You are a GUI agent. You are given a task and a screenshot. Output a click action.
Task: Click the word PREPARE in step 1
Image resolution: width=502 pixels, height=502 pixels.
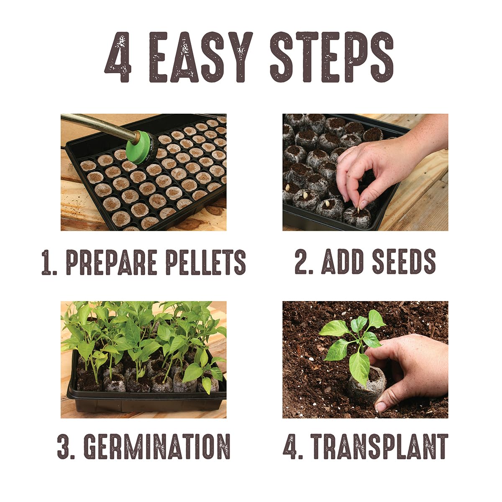(x=113, y=262)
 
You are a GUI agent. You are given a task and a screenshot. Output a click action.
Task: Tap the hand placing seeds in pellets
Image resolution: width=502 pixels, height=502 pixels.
(x=376, y=167)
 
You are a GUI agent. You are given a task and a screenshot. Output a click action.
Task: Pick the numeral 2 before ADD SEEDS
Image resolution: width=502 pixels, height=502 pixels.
(x=302, y=261)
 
